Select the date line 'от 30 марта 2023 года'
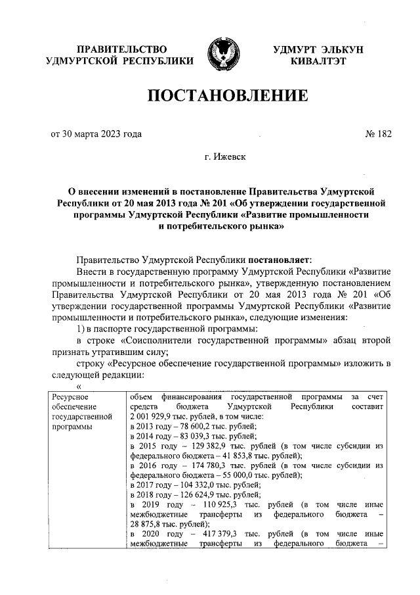[x=96, y=134]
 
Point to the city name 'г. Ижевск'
[x=226, y=158]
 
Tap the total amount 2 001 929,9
[x=156, y=417]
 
